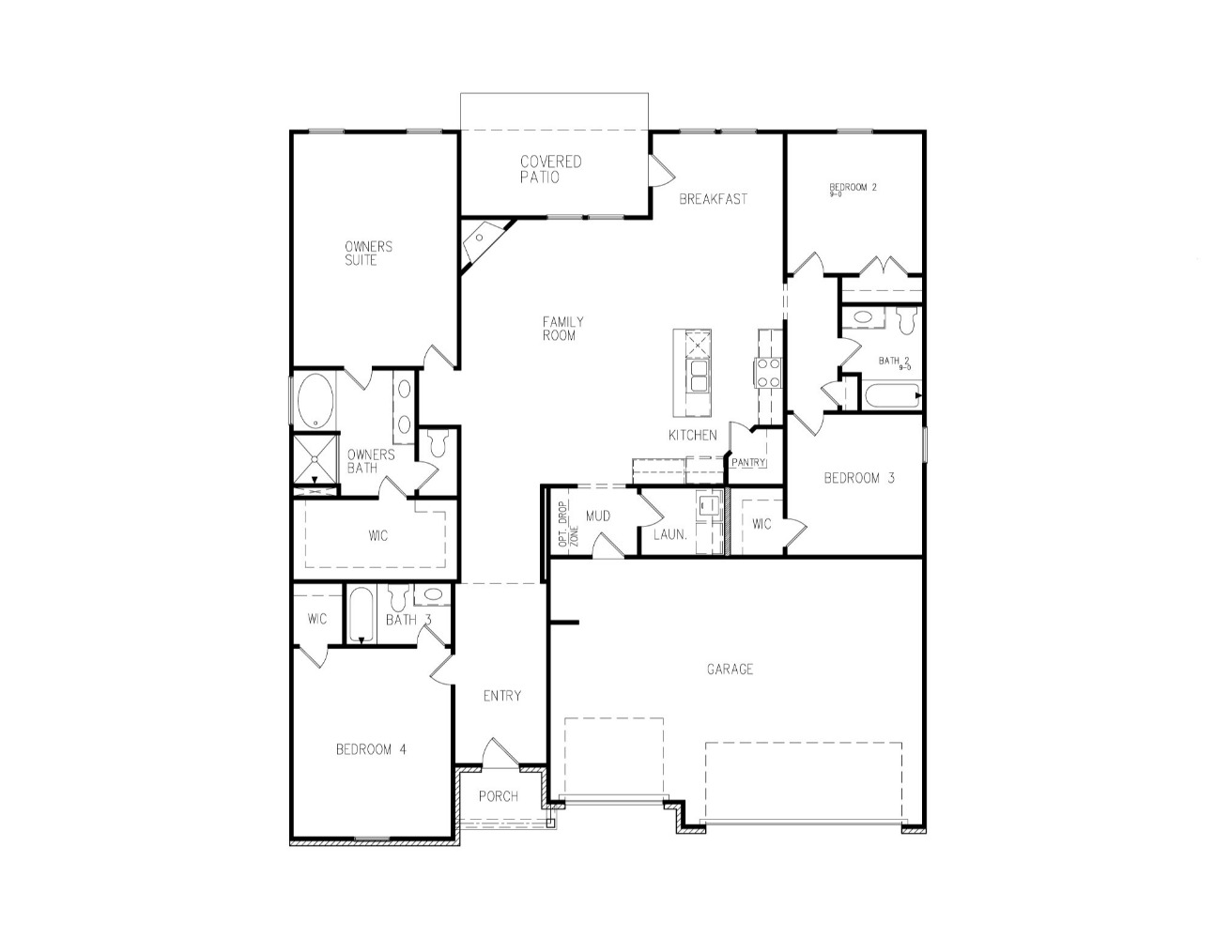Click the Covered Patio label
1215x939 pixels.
pos(551,169)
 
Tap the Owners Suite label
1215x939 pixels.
pos(368,254)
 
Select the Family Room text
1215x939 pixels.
pos(562,329)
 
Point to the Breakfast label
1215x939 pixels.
pos(714,199)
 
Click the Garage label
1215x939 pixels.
pos(730,670)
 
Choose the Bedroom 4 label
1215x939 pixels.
pos(371,749)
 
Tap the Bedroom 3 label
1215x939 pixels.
pos(858,478)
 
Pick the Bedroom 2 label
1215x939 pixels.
pos(853,188)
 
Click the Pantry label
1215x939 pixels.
pos(749,463)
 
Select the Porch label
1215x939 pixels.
pos(498,796)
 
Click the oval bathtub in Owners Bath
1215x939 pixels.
pos(315,401)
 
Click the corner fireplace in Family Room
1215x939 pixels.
pos(480,239)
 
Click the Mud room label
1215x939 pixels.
pos(598,516)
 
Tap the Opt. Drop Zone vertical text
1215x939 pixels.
pos(568,525)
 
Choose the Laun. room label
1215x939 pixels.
pos(670,535)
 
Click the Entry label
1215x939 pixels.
pos(501,696)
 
